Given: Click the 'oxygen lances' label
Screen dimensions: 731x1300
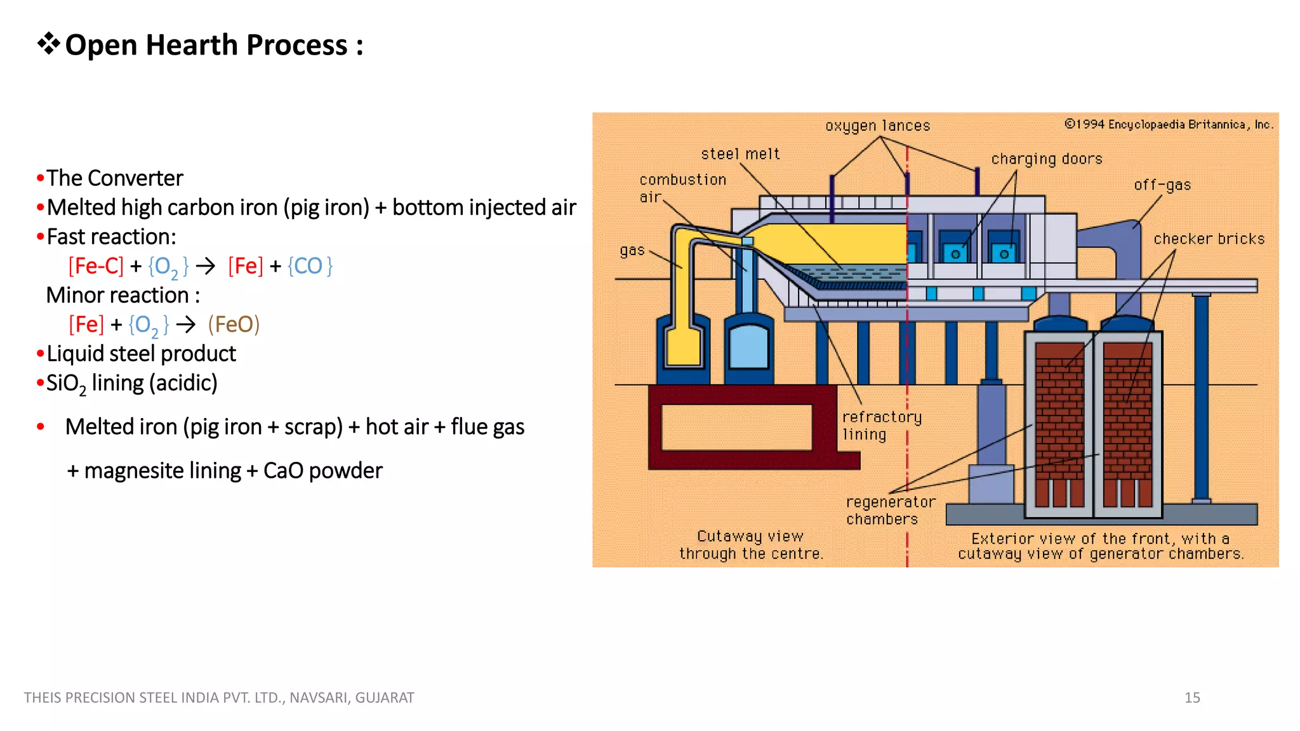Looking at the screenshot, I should pyautogui.click(x=877, y=126).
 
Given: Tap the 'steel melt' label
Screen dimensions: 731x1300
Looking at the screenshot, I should pyautogui.click(x=740, y=154).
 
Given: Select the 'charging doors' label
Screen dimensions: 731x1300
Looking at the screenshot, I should pyautogui.click(x=1047, y=159).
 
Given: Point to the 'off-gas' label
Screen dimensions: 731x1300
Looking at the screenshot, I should pyautogui.click(x=1162, y=185).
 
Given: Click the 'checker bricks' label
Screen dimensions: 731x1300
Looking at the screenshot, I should pyautogui.click(x=1209, y=239).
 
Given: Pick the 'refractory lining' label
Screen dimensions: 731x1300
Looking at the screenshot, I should pyautogui.click(x=881, y=426).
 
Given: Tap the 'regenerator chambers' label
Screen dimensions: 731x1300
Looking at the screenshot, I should pyautogui.click(x=890, y=510).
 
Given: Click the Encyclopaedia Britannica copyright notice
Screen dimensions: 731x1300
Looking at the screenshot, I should pyautogui.click(x=1169, y=124).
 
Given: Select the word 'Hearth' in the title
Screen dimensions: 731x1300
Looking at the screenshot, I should pyautogui.click(x=191, y=45).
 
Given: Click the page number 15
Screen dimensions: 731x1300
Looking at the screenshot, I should pyautogui.click(x=1192, y=697).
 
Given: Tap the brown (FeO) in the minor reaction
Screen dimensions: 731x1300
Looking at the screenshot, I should pyautogui.click(x=234, y=324).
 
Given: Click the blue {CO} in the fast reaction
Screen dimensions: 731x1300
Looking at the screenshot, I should pyautogui.click(x=310, y=266).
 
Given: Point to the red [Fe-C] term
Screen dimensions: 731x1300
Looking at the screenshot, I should pyautogui.click(x=96, y=266).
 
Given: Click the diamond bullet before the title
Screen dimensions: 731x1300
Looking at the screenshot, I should pyautogui.click(x=48, y=44).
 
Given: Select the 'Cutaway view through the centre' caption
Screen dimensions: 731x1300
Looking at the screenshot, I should pyautogui.click(x=751, y=545).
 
